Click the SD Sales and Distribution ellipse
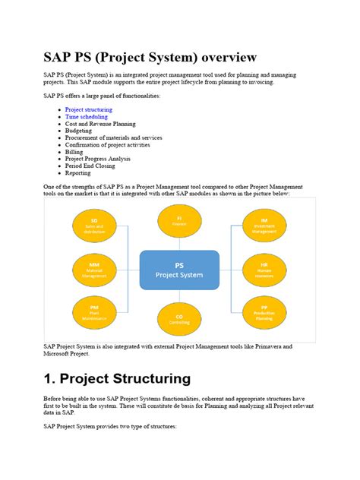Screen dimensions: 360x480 (x=93, y=226)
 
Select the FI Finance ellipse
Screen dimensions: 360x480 (x=179, y=221)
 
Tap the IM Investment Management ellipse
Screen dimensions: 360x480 (x=264, y=226)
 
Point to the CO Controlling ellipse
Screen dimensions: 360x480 (x=179, y=317)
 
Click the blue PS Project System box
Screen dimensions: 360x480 (x=179, y=270)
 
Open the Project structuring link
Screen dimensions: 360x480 (x=88, y=109)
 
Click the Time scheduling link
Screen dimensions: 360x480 (x=86, y=117)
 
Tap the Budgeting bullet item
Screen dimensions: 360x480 (x=78, y=131)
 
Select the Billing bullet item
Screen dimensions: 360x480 (x=74, y=152)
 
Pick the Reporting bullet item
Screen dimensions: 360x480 (x=77, y=172)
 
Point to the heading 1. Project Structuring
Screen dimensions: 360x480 (x=117, y=378)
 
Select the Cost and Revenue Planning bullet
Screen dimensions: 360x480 (x=100, y=124)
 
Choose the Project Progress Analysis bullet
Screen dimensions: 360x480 (x=97, y=159)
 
